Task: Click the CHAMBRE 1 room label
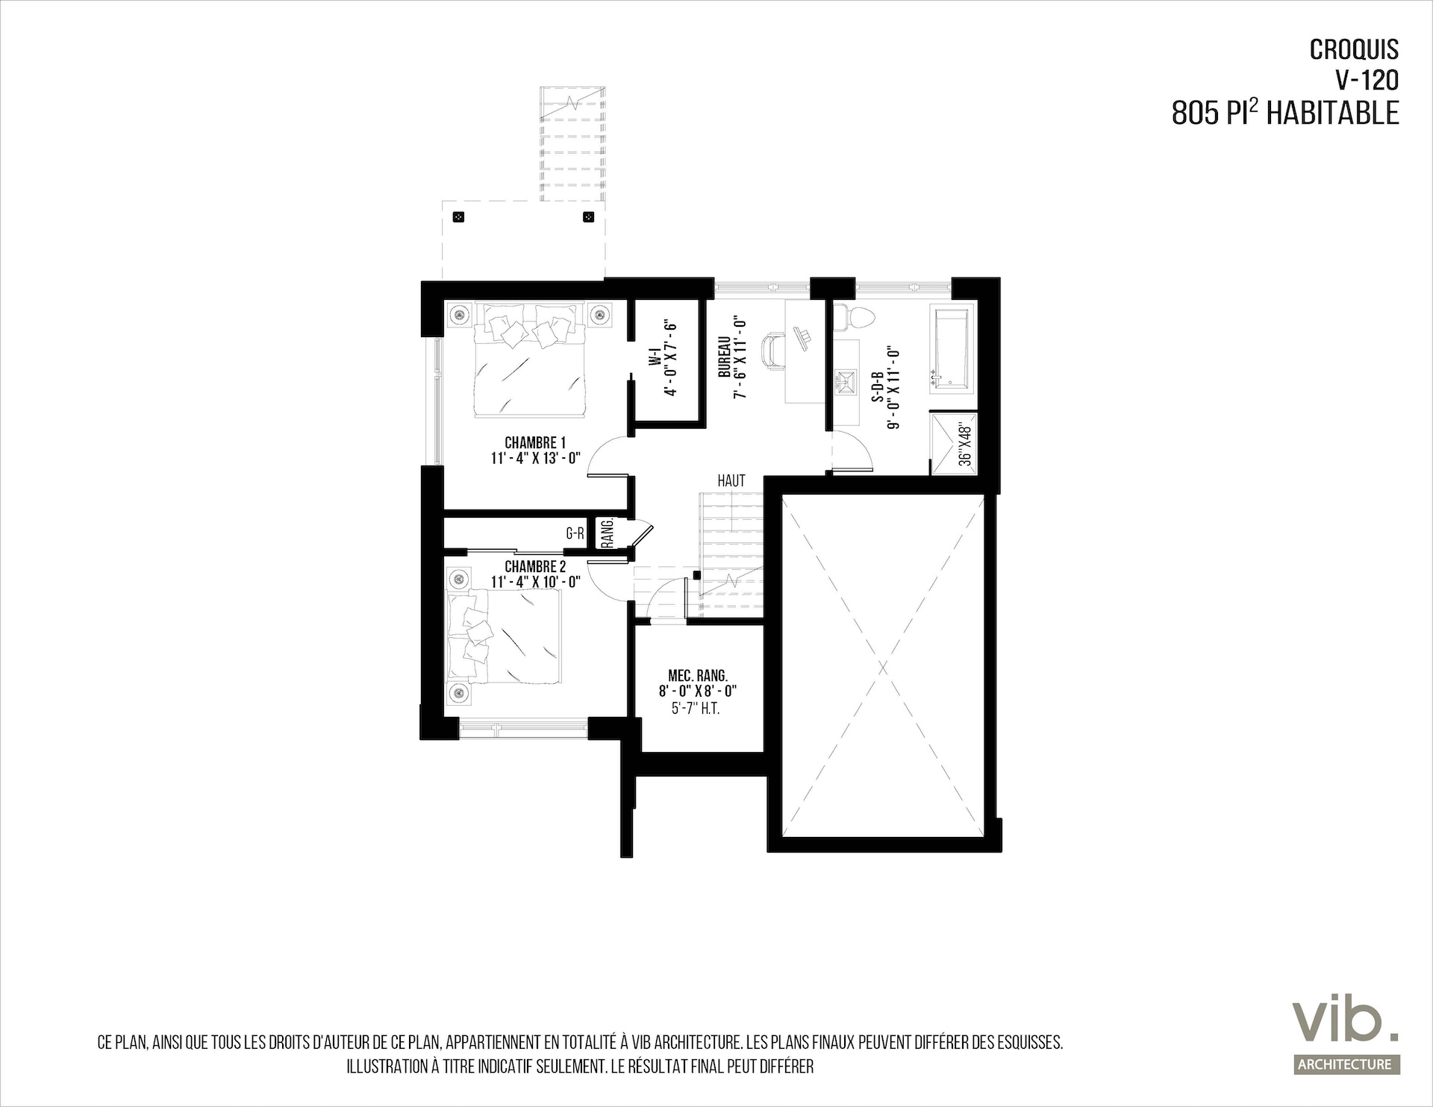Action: coord(535,444)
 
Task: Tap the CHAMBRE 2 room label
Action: coord(535,568)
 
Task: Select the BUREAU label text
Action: coord(724,357)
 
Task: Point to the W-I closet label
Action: coord(655,359)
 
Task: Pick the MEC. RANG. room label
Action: coord(698,676)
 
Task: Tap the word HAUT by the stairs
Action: coord(731,481)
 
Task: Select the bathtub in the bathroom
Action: coord(951,348)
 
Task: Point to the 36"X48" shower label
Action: coord(965,445)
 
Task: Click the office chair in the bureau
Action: coord(774,351)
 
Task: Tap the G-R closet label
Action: coord(575,533)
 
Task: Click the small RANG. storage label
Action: coord(608,533)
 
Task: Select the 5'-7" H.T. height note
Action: coord(696,709)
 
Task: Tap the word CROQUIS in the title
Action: coord(1355,49)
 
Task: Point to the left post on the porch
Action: coord(459,217)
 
